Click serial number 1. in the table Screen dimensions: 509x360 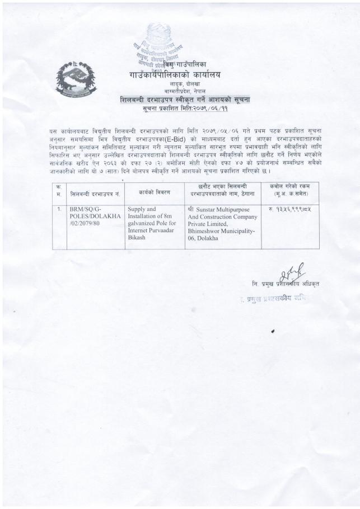coord(59,209)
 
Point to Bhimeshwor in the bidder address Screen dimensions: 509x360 coord(207,230)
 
